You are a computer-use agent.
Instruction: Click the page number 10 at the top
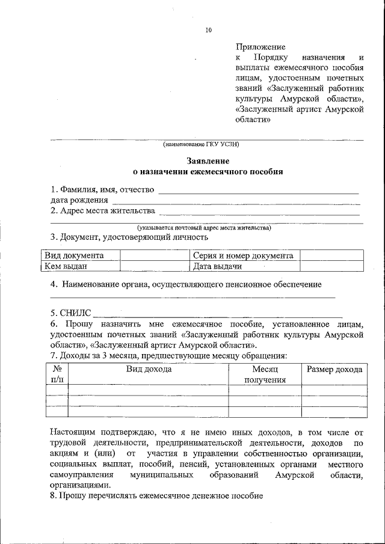tap(208, 29)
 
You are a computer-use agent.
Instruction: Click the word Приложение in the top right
tap(260, 46)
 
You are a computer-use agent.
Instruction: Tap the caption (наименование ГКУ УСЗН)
tap(202, 144)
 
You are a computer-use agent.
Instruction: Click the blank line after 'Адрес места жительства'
tap(259, 211)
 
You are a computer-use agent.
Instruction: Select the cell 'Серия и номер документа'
tap(243, 255)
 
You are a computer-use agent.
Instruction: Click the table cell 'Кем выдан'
tap(66, 266)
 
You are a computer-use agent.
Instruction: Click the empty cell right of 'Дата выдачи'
tap(331, 266)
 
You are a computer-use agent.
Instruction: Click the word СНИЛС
tap(75, 313)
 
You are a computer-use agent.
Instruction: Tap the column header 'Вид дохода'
tap(149, 369)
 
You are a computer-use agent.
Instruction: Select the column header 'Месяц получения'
tap(265, 374)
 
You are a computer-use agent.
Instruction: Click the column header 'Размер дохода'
tap(334, 369)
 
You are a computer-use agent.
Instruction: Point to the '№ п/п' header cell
tap(57, 374)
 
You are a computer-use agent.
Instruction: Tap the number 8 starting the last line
tap(52, 496)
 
